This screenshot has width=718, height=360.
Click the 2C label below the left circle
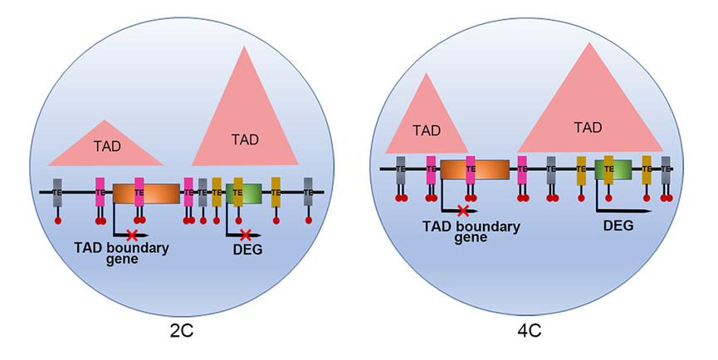coord(182,331)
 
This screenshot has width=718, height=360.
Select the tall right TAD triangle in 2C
coord(244,133)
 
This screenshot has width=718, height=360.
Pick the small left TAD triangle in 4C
coord(427,124)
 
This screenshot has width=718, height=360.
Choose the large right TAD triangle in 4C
coord(589,116)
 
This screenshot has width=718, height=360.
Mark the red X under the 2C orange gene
coord(130,236)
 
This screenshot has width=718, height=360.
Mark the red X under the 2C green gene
coord(245,236)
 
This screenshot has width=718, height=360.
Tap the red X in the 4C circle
coord(462,212)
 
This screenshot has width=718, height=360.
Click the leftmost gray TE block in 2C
coord(57,192)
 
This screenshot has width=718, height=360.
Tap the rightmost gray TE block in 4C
coord(666,169)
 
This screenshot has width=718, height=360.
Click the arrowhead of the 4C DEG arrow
coord(645,212)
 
